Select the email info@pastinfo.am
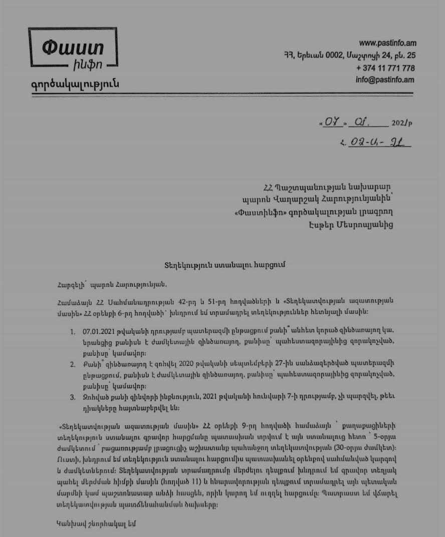(385, 80)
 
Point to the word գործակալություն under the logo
(75, 84)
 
